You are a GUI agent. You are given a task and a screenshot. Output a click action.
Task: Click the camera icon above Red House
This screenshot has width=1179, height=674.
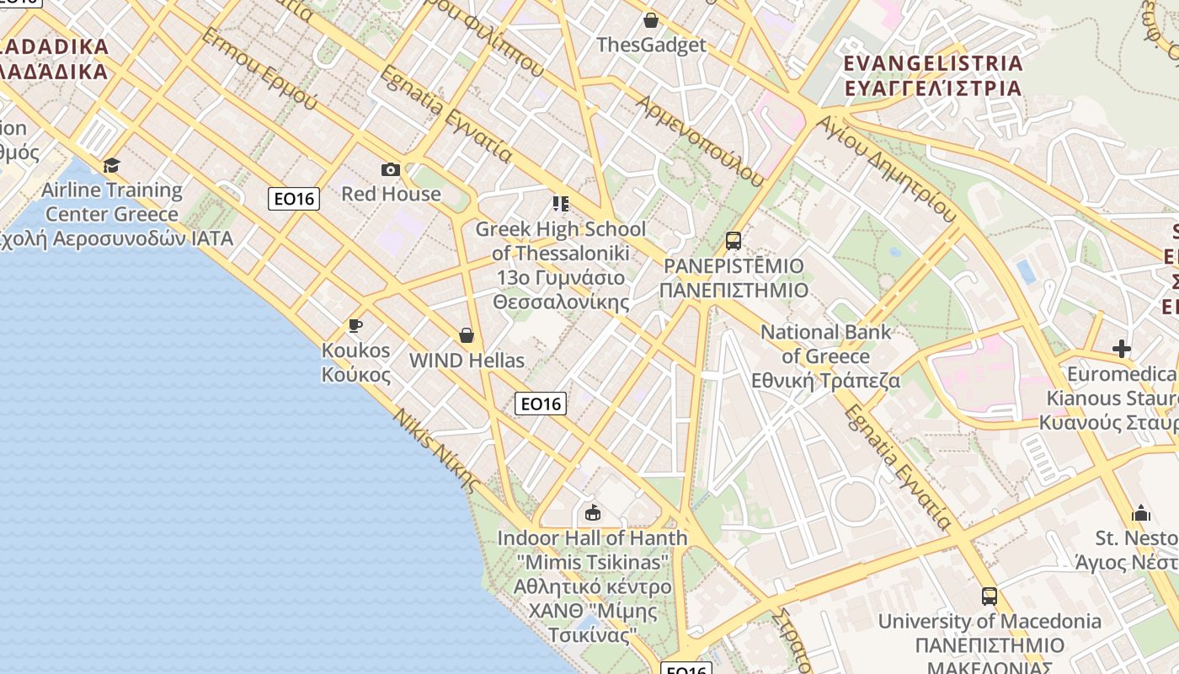[391, 170]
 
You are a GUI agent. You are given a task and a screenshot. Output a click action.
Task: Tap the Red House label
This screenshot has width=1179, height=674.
[391, 194]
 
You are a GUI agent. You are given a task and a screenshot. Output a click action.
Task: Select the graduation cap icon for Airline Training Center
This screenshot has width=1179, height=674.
[111, 165]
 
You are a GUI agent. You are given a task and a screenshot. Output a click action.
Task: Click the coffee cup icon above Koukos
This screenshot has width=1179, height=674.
[355, 325]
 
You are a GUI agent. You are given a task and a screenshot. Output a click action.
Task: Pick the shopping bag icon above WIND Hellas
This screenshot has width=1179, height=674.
[467, 336]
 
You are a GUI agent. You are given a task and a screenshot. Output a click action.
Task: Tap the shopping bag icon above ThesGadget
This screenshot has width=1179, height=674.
[650, 20]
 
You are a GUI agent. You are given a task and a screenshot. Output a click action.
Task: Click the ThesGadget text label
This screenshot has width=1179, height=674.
[650, 45]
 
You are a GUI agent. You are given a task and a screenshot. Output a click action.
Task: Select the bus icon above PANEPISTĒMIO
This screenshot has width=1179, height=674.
[734, 241]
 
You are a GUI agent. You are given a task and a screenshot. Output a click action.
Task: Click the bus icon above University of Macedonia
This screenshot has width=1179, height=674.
[990, 596]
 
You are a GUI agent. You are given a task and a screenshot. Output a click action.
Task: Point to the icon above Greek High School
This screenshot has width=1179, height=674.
[561, 204]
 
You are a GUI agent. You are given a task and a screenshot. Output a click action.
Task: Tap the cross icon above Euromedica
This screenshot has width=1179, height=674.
[1122, 348]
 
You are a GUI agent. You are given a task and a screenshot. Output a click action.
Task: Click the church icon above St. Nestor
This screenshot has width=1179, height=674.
[1141, 513]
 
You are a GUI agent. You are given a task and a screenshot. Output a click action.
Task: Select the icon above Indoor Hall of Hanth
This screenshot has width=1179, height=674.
[593, 512]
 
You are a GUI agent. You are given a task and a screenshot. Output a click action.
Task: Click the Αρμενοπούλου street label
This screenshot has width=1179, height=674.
[701, 141]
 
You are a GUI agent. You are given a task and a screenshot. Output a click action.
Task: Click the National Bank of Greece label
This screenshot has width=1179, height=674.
[825, 356]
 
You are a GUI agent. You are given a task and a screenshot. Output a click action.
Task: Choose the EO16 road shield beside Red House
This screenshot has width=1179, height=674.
[293, 199]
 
